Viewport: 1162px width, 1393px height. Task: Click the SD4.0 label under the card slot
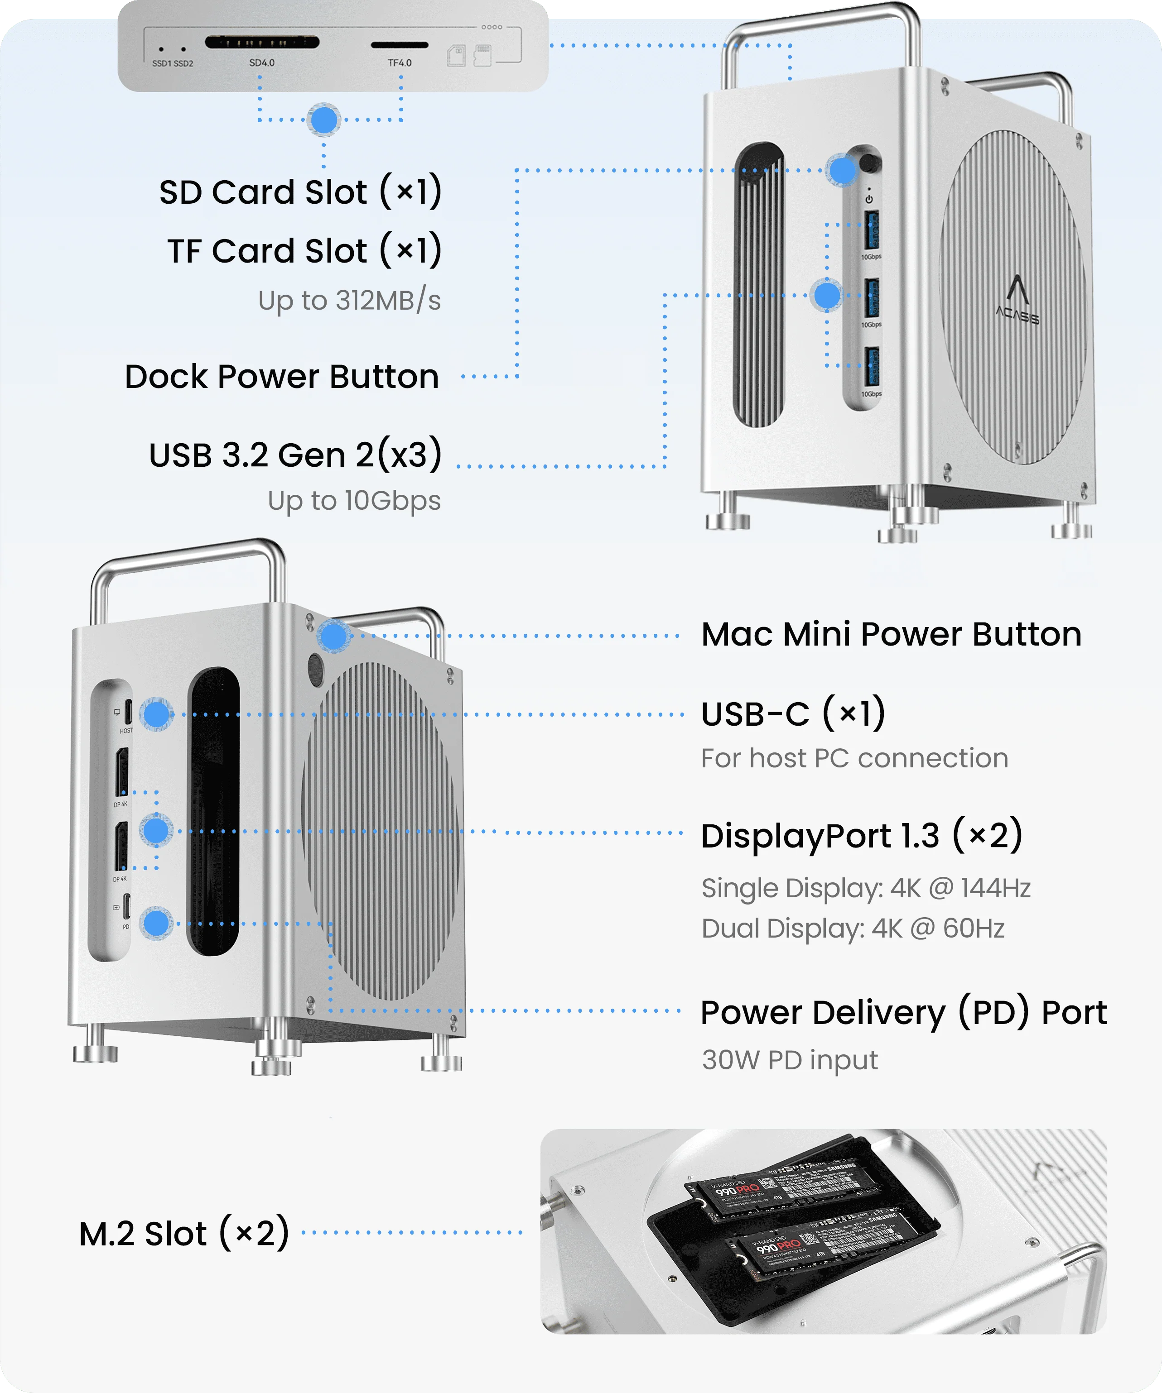pyautogui.click(x=261, y=63)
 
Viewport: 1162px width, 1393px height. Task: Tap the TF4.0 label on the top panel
pyautogui.click(x=400, y=63)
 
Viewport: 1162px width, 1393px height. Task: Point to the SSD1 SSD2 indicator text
pyautogui.click(x=173, y=64)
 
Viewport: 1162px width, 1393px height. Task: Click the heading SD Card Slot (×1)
pyautogui.click(x=300, y=192)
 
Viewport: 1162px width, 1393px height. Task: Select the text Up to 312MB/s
pyautogui.click(x=349, y=301)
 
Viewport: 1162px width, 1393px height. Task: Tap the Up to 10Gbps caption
pyautogui.click(x=354, y=501)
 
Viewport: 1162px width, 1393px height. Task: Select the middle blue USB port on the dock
pyautogui.click(x=873, y=298)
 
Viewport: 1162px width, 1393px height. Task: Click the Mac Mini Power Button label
pyautogui.click(x=891, y=634)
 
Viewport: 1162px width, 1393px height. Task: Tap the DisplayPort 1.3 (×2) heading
pyautogui.click(x=861, y=836)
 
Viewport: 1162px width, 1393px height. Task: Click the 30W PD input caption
pyautogui.click(x=790, y=1060)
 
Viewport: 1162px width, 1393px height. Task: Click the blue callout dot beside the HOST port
pyautogui.click(x=157, y=714)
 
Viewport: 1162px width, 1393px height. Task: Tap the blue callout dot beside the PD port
pyautogui.click(x=157, y=924)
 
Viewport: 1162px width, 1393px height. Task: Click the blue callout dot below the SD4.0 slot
pyautogui.click(x=324, y=120)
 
